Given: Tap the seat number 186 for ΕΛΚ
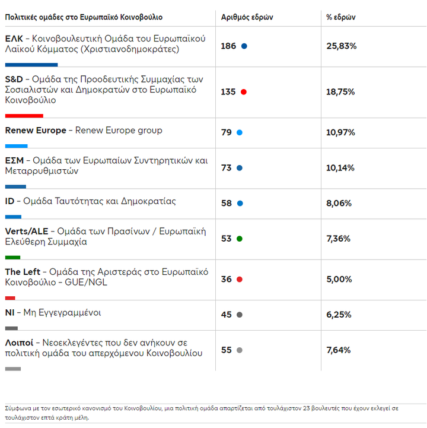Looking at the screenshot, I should point(228,46).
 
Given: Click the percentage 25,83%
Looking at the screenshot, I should point(341,46).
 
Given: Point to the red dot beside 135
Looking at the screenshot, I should point(243,92).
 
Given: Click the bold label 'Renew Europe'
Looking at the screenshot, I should point(36,131).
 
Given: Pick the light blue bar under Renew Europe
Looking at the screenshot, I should point(16,145).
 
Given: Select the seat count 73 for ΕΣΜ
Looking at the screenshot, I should point(226,168).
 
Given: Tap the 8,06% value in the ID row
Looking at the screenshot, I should point(339,203).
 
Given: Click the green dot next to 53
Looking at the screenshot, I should point(240,239).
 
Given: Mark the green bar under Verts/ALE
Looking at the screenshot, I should point(12,257).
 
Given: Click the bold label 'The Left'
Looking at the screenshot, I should point(22,272).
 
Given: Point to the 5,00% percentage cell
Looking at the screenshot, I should point(339,279).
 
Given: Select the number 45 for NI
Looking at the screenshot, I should point(226,315).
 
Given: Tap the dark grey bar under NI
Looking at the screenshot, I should point(11,328).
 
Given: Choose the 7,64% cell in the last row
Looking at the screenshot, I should point(339,350).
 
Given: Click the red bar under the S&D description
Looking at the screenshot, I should point(24,116).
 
